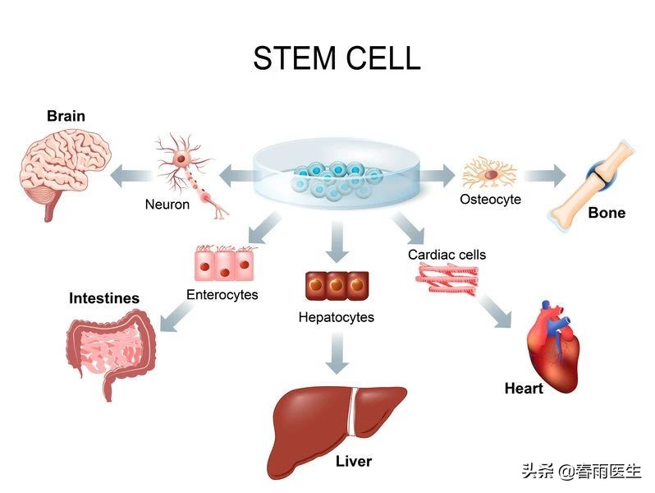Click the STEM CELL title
tap(337, 58)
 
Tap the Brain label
tap(66, 116)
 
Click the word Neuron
tap(167, 204)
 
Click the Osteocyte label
tap(490, 199)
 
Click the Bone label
tap(607, 213)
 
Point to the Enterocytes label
tap(222, 294)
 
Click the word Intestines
tap(104, 298)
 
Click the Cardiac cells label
tap(447, 255)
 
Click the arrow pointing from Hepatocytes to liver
tap(337, 354)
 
